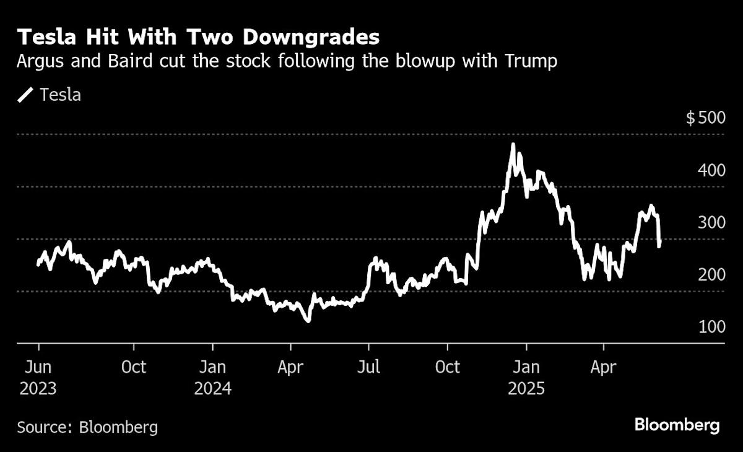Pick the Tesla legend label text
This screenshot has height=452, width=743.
[60, 95]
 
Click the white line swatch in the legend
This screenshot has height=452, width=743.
[26, 95]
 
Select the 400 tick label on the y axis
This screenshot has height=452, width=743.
[711, 170]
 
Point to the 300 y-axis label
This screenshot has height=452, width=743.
[711, 222]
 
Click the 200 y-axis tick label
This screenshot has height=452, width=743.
[711, 275]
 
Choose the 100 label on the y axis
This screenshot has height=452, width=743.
[711, 326]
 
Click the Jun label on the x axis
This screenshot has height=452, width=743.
[38, 367]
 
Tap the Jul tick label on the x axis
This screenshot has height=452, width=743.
[369, 367]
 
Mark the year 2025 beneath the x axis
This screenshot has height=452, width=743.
[526, 389]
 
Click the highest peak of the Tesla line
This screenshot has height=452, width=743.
[513, 145]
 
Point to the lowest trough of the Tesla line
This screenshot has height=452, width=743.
[308, 321]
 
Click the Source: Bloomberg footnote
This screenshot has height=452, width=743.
[87, 427]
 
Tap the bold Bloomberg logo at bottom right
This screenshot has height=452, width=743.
[677, 425]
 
